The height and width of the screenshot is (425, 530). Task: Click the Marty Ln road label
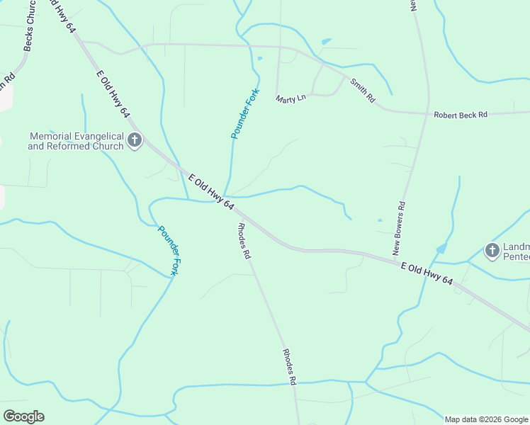[291, 98]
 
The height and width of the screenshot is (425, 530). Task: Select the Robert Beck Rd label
[461, 114]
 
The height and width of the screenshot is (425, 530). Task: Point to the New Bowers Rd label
[399, 229]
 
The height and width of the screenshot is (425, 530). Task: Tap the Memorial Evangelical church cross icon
[135, 142]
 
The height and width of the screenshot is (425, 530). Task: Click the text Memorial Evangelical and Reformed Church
[76, 141]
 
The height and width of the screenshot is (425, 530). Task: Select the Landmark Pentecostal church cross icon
[492, 250]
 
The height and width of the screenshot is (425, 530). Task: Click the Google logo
[23, 416]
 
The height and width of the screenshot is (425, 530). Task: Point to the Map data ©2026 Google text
[486, 419]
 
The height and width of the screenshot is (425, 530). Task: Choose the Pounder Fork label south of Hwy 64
[169, 250]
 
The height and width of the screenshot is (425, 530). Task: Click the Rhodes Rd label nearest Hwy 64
[244, 240]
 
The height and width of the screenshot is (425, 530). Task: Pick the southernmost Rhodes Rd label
[289, 367]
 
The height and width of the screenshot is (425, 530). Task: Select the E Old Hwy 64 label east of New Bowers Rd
[427, 274]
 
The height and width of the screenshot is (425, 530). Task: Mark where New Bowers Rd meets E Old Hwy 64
[394, 260]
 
